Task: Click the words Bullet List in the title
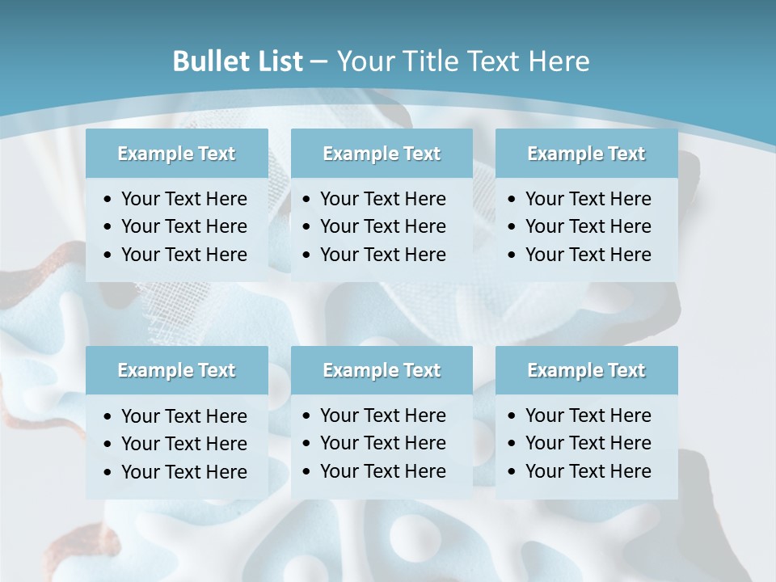238,61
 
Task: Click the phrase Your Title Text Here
463,61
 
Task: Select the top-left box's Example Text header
176,154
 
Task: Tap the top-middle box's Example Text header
382,154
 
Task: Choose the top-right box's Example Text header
586,154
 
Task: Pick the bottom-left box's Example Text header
176,370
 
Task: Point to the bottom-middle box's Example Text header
382,370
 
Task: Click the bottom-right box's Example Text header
586,370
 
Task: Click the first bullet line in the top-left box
183,199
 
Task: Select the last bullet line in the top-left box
183,255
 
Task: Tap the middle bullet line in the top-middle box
382,226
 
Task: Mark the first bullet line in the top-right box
588,199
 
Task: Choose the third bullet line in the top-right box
588,255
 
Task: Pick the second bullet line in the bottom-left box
183,444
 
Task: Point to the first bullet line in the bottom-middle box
382,415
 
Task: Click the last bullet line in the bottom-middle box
382,471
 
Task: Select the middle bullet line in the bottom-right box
588,443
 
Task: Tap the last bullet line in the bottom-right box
588,471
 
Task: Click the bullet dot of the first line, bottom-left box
108,417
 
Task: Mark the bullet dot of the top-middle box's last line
307,255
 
